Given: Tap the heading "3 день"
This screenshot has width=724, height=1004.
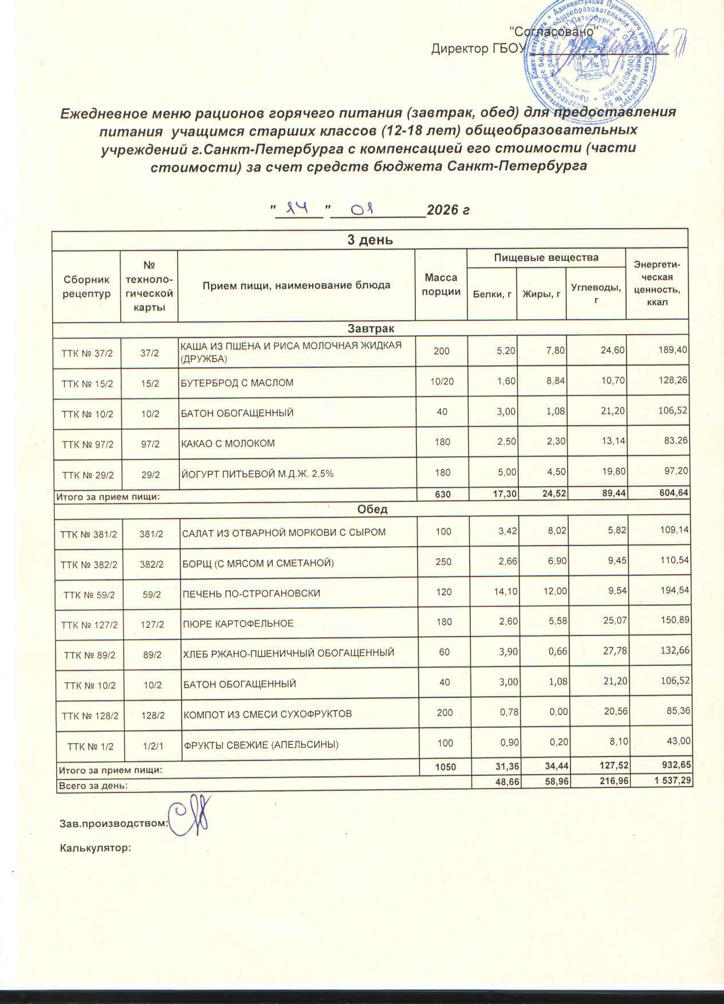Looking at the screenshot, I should (x=370, y=240).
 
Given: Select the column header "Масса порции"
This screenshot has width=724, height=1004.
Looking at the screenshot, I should (x=441, y=285).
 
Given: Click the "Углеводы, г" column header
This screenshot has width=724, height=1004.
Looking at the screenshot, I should (x=596, y=293).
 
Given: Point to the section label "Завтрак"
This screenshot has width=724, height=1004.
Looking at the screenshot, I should (x=371, y=328).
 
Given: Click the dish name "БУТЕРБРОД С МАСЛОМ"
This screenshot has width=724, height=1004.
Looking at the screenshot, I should (x=237, y=382).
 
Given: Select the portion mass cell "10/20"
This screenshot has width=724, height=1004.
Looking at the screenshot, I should (x=442, y=382).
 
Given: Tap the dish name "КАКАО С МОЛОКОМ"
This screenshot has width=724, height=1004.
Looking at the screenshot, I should (x=228, y=443).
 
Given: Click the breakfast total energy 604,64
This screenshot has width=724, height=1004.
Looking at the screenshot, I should (x=671, y=493).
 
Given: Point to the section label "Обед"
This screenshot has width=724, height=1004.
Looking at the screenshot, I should (x=372, y=509).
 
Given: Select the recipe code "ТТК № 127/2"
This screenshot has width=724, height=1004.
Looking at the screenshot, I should (x=89, y=625).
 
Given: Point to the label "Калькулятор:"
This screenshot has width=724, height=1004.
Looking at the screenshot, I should (x=96, y=848).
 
